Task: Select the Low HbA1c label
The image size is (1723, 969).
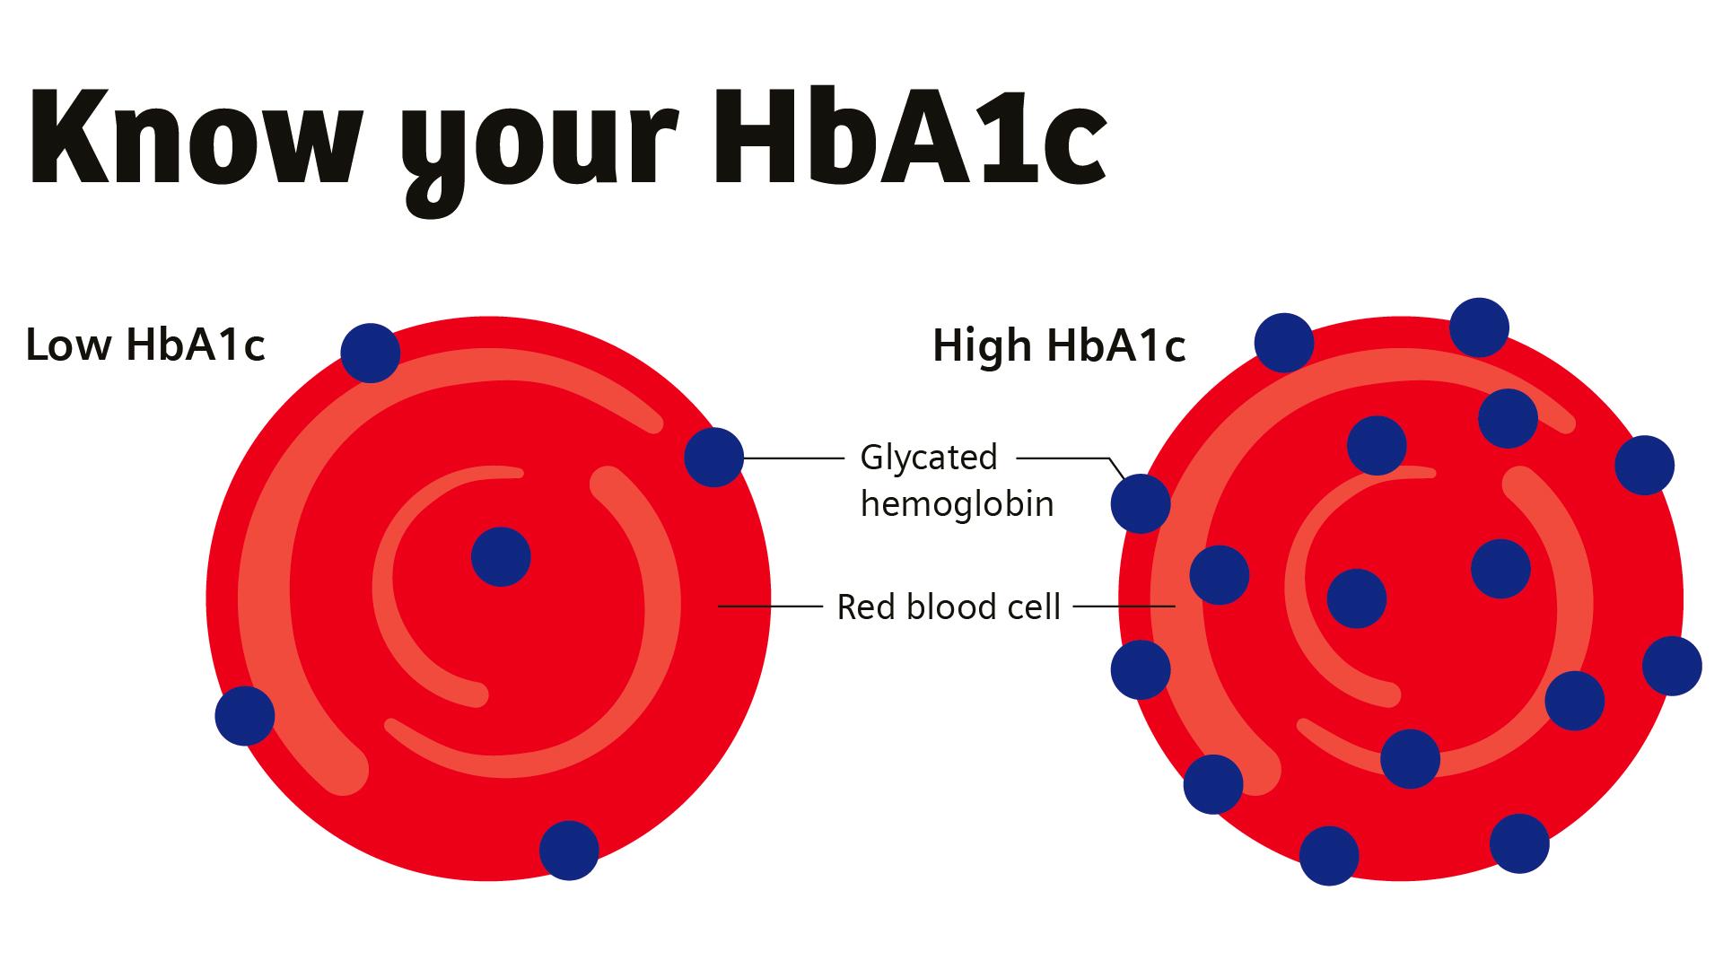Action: (145, 345)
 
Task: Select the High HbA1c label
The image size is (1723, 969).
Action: (1059, 345)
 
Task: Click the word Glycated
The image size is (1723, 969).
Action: (928, 458)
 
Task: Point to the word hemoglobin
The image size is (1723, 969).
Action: (957, 504)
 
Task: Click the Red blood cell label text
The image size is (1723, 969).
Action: (949, 607)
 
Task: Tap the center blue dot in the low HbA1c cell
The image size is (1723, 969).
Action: (501, 557)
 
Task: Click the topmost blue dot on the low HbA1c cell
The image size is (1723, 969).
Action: (371, 353)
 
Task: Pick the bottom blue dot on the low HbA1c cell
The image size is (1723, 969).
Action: (569, 851)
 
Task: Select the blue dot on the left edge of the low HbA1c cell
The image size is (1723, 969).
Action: (245, 715)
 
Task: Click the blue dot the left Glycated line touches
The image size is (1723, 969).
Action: (713, 458)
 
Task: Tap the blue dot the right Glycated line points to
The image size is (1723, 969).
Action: (1141, 503)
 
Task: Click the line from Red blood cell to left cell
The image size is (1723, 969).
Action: (770, 607)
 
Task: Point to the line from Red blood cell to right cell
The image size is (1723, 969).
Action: (1124, 607)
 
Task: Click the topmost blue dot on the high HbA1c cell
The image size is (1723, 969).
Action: (1479, 327)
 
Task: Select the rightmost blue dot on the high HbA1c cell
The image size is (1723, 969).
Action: (1672, 666)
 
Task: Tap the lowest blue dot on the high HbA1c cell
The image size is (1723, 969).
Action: (1329, 856)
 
